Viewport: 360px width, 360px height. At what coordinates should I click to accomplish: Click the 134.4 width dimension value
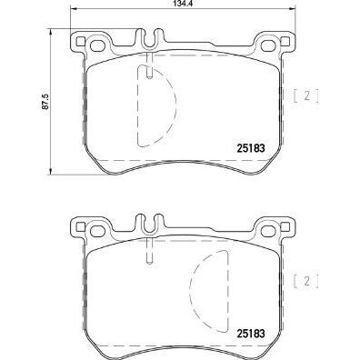pos(183,4)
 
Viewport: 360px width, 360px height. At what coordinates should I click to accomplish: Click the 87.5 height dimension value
pos(45,102)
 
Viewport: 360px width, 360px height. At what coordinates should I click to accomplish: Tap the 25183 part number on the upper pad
pos(251,148)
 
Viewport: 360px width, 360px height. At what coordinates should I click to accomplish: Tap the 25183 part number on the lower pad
pos(251,334)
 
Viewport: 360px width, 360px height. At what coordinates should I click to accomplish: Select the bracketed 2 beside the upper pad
pos(306,96)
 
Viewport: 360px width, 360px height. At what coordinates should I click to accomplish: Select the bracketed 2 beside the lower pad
pos(306,282)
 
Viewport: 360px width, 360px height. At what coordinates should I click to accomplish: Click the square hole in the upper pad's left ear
pos(80,41)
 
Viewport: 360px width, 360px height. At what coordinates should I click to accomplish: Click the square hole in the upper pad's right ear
pos(285,41)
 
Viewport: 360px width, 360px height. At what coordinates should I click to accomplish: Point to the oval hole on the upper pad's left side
pos(97,46)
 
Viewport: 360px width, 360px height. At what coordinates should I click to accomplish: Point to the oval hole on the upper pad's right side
pos(268,46)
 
